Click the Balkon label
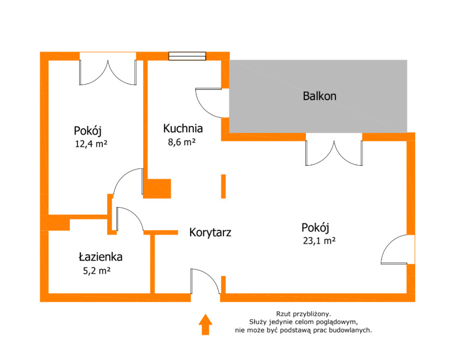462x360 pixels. [x=319, y=96]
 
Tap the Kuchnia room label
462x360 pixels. [x=183, y=129]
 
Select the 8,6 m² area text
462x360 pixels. [x=181, y=142]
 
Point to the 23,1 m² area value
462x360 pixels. [x=319, y=241]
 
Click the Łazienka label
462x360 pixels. [x=100, y=257]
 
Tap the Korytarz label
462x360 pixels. [x=210, y=232]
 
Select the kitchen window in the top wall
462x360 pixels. [x=187, y=55]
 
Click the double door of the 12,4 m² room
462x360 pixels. [x=108, y=72]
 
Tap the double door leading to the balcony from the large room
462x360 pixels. [x=334, y=152]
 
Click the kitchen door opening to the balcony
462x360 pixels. [x=210, y=101]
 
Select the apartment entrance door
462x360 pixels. [x=205, y=283]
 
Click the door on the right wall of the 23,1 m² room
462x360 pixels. [x=397, y=250]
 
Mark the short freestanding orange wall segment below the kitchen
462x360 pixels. [x=223, y=186]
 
